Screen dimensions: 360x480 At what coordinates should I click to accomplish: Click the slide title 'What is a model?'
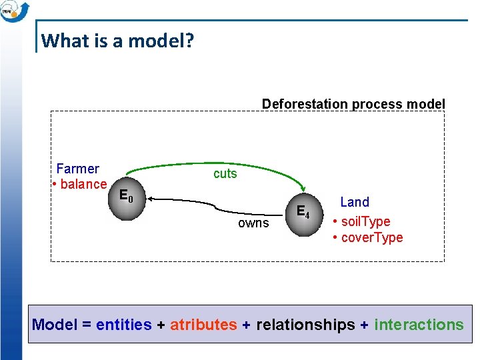[x=117, y=41]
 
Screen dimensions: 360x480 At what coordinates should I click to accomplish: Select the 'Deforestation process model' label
[x=353, y=104]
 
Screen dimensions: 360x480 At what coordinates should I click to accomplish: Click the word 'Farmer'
[x=78, y=169]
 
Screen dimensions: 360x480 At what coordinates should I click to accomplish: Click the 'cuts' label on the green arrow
[x=225, y=173]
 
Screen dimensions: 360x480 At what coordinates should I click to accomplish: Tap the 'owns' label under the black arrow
[x=253, y=223]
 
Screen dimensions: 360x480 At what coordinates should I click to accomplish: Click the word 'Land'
[x=355, y=202]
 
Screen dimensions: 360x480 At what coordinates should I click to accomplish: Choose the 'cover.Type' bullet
[x=369, y=238]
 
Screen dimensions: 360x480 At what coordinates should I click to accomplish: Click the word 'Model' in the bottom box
[x=55, y=325]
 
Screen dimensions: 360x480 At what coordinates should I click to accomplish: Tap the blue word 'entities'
[x=124, y=325]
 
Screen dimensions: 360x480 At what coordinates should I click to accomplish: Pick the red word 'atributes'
[x=203, y=325]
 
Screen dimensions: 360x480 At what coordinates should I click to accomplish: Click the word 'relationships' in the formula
[x=305, y=325]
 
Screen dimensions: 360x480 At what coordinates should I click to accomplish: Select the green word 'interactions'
[x=419, y=325]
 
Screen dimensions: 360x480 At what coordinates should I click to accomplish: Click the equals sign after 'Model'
[x=87, y=325]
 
